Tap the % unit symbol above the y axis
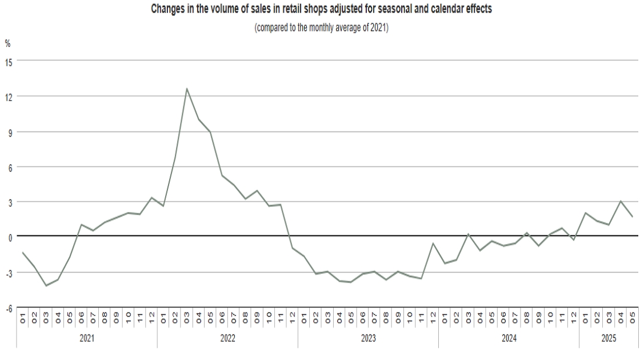tap(7, 43)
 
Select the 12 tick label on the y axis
tap(9, 96)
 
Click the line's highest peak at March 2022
tap(187, 89)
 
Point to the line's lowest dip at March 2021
tap(46, 285)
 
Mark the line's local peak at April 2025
tap(621, 201)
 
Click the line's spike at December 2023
tap(433, 243)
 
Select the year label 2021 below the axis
tap(87, 338)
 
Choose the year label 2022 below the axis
tap(227, 338)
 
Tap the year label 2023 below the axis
tap(368, 338)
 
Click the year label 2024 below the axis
tap(509, 338)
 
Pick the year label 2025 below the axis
tap(609, 338)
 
